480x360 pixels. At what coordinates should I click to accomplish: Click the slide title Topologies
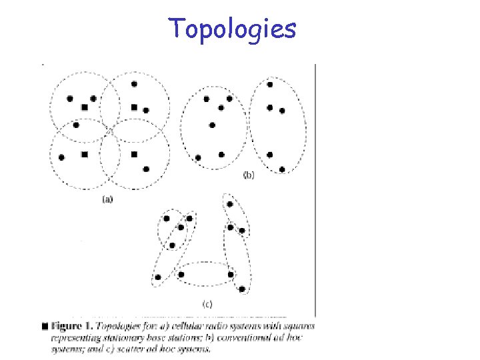click(x=231, y=29)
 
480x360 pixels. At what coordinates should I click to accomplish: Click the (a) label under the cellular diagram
click(x=107, y=198)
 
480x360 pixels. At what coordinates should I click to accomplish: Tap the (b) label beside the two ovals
click(x=248, y=175)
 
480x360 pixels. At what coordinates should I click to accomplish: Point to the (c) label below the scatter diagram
click(x=207, y=304)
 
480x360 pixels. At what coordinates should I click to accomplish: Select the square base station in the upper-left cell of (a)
click(x=84, y=107)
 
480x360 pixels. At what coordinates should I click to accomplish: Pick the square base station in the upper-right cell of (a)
click(x=134, y=107)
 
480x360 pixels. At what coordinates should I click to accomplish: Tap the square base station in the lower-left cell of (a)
click(x=84, y=155)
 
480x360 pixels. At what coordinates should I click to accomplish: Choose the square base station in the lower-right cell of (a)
click(x=134, y=155)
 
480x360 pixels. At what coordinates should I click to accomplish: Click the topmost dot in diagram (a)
click(x=134, y=84)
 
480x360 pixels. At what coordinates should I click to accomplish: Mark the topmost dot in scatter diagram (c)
click(x=230, y=204)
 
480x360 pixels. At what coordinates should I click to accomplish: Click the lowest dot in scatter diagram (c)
click(x=242, y=289)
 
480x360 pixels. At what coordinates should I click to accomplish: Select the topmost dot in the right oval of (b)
click(x=269, y=84)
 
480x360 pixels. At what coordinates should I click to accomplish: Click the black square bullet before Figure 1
click(x=45, y=327)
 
